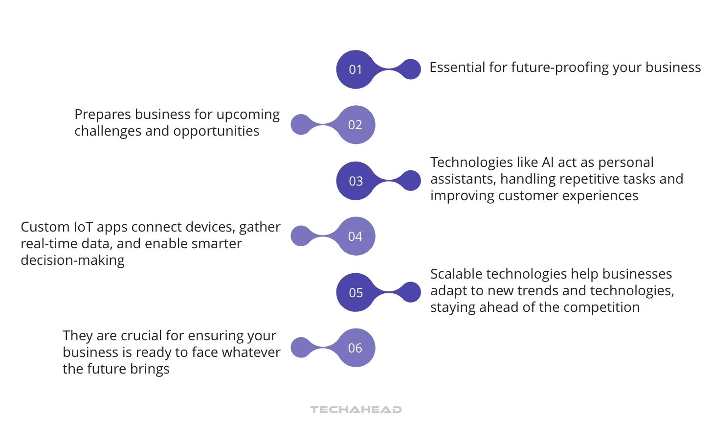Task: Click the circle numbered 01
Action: [x=356, y=70]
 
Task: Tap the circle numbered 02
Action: [x=356, y=125]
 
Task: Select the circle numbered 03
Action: [x=356, y=181]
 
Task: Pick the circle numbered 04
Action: [x=356, y=236]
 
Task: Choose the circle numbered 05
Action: [x=356, y=293]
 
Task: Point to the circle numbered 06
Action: [x=356, y=348]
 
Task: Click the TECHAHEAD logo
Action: [x=356, y=409]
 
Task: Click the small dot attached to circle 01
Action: [x=410, y=70]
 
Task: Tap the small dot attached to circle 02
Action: [x=301, y=125]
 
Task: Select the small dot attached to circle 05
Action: [x=410, y=292]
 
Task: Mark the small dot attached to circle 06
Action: [x=301, y=348]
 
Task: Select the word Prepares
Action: [x=103, y=115]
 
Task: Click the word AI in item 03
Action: [x=548, y=163]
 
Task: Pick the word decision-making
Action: [x=72, y=260]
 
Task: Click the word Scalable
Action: [x=456, y=274]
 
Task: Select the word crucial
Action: [x=141, y=336]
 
